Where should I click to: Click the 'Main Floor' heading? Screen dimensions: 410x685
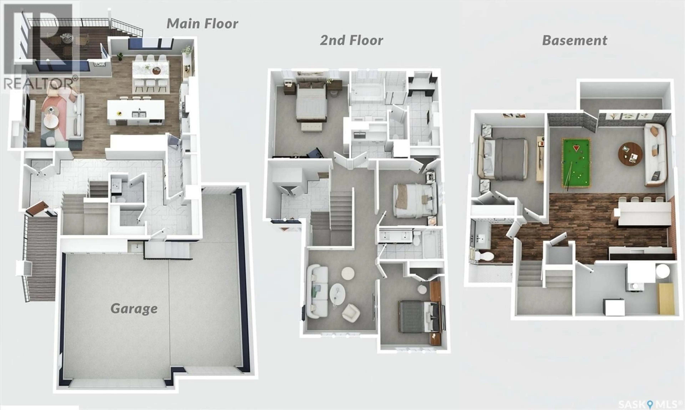(202, 24)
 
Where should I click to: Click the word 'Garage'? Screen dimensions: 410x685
(134, 308)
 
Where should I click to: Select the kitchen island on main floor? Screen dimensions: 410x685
(136, 112)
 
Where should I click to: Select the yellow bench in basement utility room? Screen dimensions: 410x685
(666, 299)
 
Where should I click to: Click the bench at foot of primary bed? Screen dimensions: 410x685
(312, 127)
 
